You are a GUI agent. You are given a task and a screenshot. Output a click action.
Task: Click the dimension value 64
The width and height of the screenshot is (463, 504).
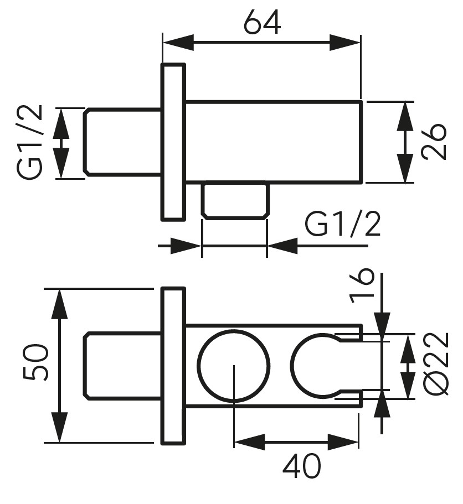(x=263, y=22)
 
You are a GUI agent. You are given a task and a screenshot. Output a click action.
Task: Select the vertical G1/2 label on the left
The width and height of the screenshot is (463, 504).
(x=29, y=142)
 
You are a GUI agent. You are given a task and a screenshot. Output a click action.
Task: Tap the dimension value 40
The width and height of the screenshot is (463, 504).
(x=301, y=466)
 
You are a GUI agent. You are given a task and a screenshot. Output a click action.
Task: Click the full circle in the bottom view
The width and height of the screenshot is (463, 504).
(x=234, y=365)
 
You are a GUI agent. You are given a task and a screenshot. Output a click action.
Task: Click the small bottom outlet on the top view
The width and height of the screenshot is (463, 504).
(x=235, y=200)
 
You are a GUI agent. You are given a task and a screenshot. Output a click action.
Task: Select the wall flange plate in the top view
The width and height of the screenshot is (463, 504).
(x=173, y=142)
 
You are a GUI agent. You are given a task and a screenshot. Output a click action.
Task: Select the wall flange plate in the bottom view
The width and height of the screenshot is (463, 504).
(x=173, y=365)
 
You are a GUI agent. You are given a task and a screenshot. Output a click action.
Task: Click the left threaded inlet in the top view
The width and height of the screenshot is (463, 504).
(x=122, y=142)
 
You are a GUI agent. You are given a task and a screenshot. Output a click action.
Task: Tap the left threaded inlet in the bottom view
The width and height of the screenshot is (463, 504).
(x=122, y=365)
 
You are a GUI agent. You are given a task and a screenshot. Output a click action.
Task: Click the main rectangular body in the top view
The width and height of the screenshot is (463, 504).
(x=274, y=142)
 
